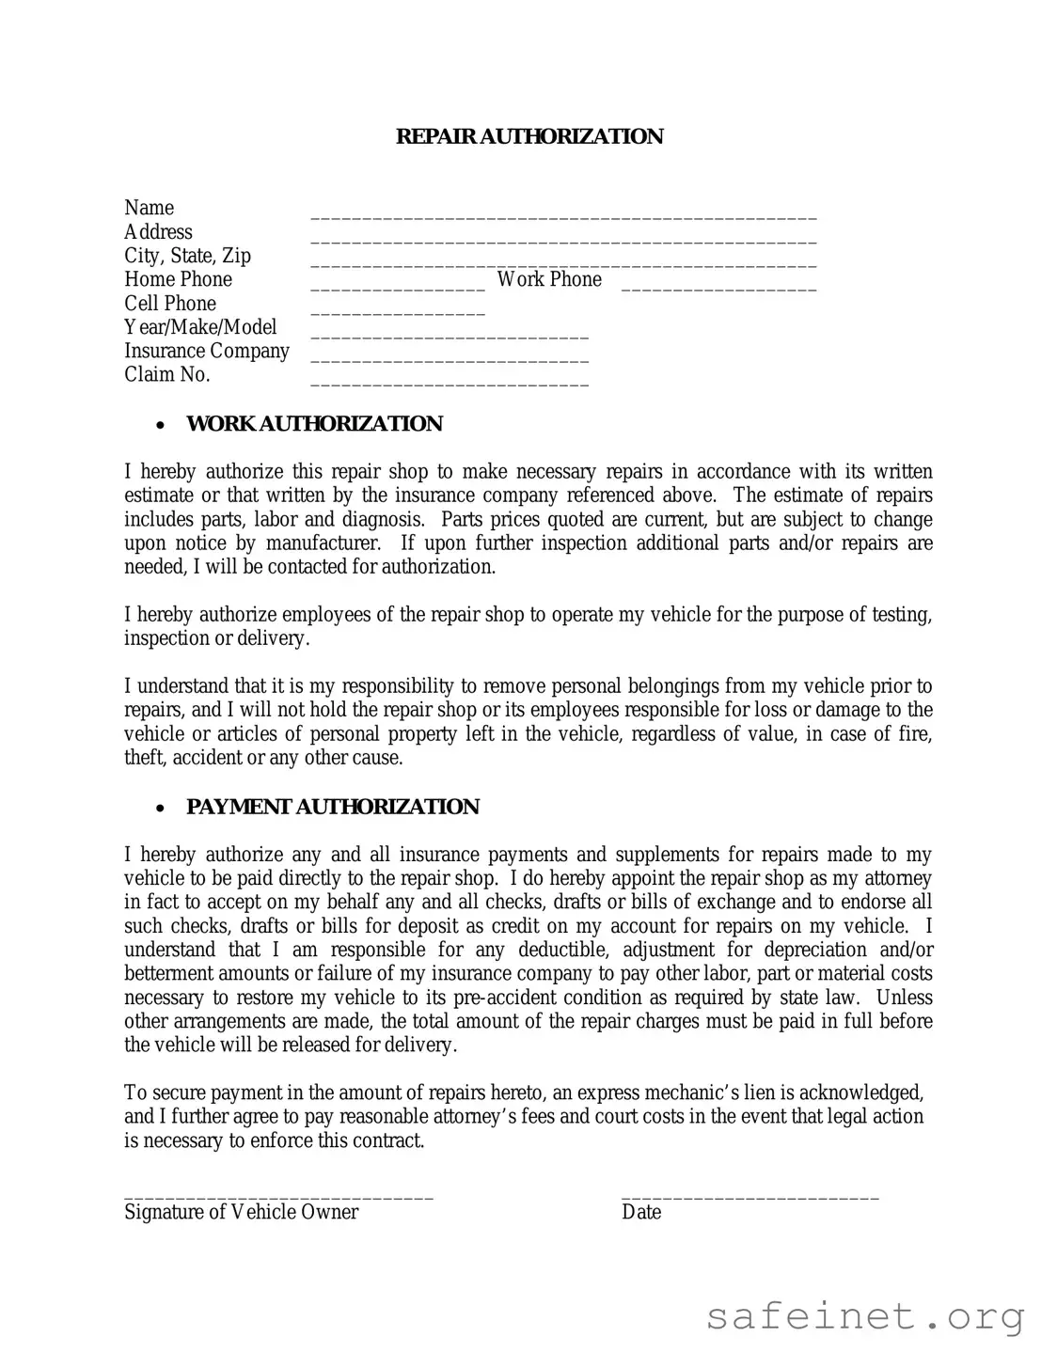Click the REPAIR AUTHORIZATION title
click(528, 136)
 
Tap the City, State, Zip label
click(187, 256)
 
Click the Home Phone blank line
click(398, 288)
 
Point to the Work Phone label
click(549, 279)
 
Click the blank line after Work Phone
click(718, 288)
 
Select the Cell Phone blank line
click(398, 312)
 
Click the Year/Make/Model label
click(200, 327)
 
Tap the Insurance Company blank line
click(450, 359)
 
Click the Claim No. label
click(167, 374)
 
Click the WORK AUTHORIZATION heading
click(314, 424)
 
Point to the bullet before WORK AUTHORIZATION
click(162, 426)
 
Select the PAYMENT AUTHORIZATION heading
click(333, 807)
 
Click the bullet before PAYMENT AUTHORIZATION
click(162, 809)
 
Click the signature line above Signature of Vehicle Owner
click(278, 1197)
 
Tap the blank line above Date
click(749, 1197)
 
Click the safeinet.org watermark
click(865, 1316)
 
